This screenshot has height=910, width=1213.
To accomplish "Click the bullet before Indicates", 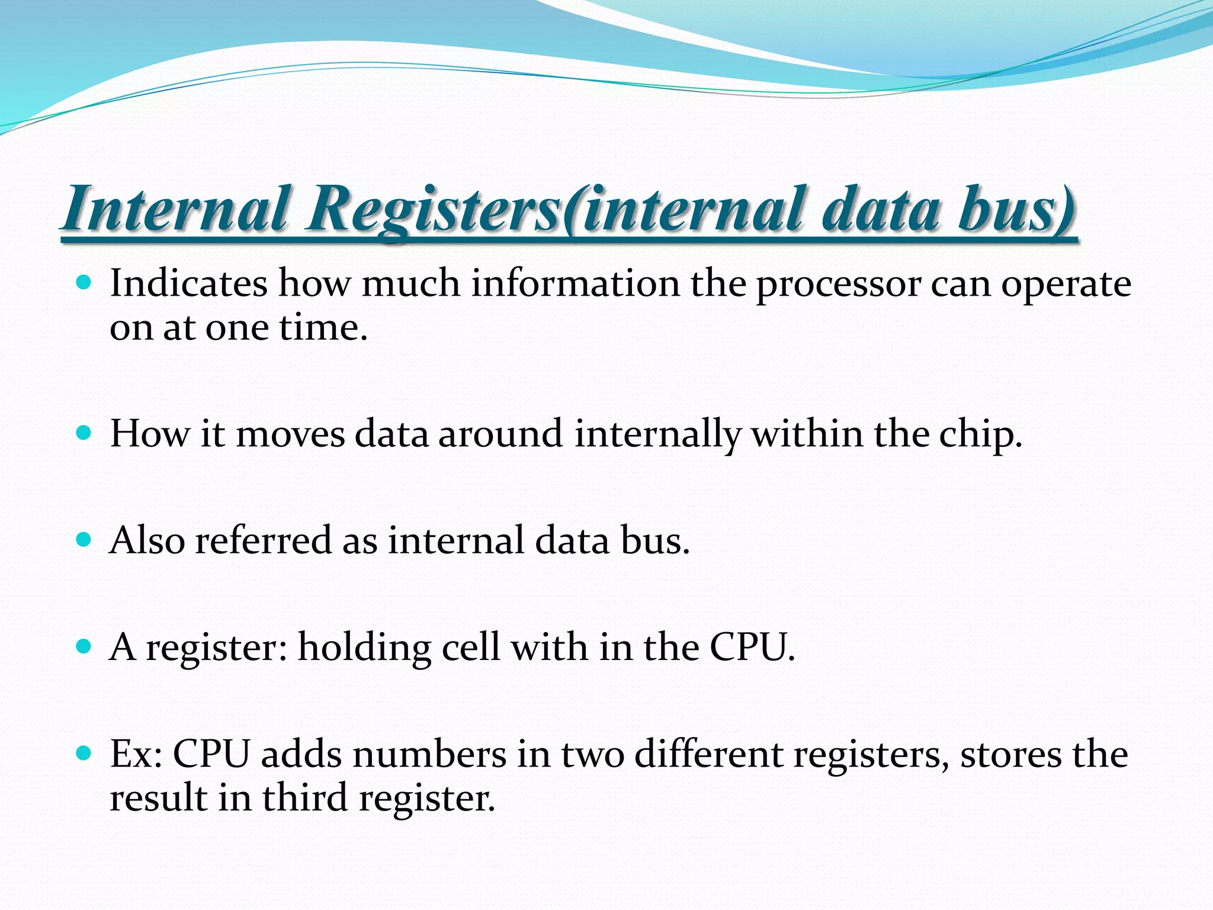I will pos(84,282).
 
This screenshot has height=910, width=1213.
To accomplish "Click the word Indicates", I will pos(188,283).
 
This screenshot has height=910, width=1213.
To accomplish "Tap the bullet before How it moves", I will pos(84,432).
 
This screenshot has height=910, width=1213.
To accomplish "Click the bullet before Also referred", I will pos(84,539).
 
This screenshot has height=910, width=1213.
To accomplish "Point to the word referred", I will pos(263,540).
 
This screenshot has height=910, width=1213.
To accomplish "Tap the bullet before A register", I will pos(84,646).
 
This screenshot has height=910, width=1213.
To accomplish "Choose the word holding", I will pos(364,648).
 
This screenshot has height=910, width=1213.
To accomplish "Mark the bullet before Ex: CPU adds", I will pos(84,753).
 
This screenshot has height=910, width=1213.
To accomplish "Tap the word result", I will pos(158,797).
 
